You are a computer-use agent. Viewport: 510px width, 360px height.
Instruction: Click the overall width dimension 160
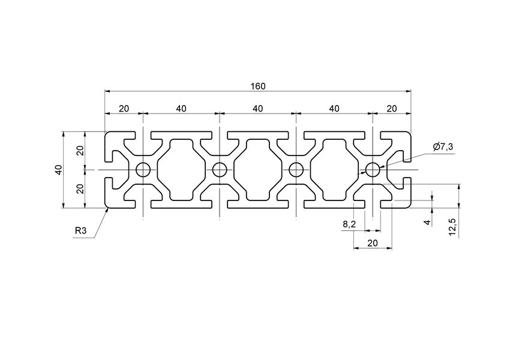(258, 86)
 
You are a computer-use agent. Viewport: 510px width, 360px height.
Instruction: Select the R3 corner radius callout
(80, 230)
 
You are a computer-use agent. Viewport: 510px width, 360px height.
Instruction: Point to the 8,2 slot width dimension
(349, 224)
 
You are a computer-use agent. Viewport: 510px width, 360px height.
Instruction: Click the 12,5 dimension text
(452, 227)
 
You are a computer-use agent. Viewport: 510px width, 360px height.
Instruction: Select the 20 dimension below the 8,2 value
(372, 243)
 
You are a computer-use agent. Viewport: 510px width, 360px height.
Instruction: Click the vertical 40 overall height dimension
(58, 170)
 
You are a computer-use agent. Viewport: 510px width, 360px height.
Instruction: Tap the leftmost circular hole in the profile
(143, 170)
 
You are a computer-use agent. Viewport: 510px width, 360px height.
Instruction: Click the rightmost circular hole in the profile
(373, 170)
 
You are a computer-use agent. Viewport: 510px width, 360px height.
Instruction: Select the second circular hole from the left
(220, 170)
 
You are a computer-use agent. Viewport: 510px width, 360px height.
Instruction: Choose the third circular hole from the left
(296, 170)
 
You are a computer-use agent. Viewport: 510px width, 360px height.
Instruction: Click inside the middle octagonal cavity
(258, 170)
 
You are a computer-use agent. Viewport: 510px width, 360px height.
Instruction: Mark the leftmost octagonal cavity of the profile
(182, 170)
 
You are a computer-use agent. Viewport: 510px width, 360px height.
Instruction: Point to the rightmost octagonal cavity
(334, 170)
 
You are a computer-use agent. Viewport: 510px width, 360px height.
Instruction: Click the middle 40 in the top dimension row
(258, 109)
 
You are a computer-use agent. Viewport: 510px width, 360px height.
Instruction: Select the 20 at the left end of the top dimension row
(124, 109)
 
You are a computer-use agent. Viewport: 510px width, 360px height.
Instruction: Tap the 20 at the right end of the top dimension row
(392, 109)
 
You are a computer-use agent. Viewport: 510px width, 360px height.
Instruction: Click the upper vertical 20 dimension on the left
(80, 151)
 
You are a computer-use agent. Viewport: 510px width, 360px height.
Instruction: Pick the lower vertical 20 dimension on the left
(80, 188)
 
